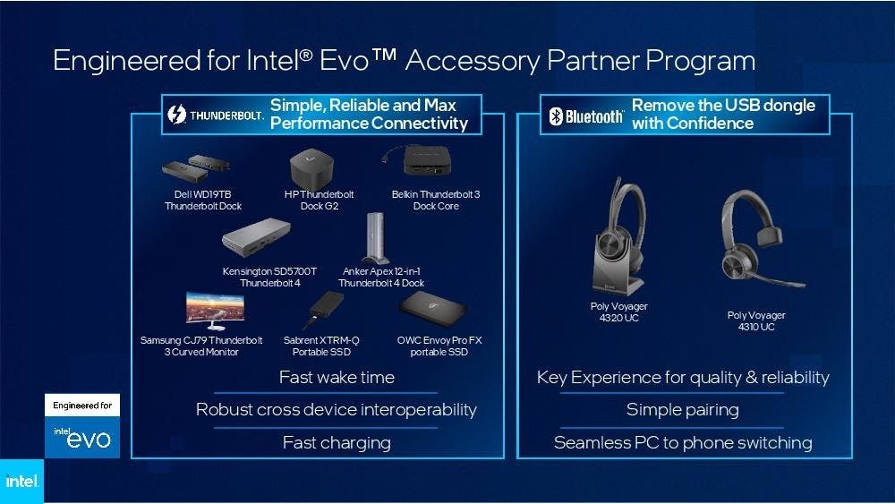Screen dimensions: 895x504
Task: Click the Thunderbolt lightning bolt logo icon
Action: pyautogui.click(x=177, y=115)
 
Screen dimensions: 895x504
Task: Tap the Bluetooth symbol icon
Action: pyautogui.click(x=556, y=115)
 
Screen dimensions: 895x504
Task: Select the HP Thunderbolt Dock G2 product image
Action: pyautogui.click(x=311, y=167)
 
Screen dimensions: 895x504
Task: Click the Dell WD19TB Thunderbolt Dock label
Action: pyautogui.click(x=203, y=201)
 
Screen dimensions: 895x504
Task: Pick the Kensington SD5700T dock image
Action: pyautogui.click(x=256, y=237)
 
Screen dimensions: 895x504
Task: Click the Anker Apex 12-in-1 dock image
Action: pyautogui.click(x=375, y=238)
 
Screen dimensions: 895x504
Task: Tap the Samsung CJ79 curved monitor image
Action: pyautogui.click(x=215, y=311)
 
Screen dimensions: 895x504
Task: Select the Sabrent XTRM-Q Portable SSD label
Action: pyautogui.click(x=321, y=346)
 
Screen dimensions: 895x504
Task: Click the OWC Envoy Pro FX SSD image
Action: pyautogui.click(x=433, y=309)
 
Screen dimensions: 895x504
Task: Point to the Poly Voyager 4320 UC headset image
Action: pyautogui.click(x=619, y=236)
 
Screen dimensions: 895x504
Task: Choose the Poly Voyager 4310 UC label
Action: pyautogui.click(x=756, y=320)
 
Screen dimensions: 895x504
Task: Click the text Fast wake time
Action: pyautogui.click(x=337, y=377)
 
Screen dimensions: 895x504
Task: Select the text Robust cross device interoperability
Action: pyautogui.click(x=337, y=410)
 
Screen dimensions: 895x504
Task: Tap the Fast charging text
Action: pyautogui.click(x=337, y=443)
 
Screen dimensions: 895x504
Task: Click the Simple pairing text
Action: pyautogui.click(x=683, y=410)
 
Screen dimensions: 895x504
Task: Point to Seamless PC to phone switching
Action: pyautogui.click(x=683, y=443)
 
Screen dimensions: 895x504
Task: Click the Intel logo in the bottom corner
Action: pyautogui.click(x=21, y=481)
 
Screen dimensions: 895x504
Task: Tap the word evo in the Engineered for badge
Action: pyautogui.click(x=89, y=439)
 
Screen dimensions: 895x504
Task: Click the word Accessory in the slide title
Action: pyautogui.click(x=473, y=62)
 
